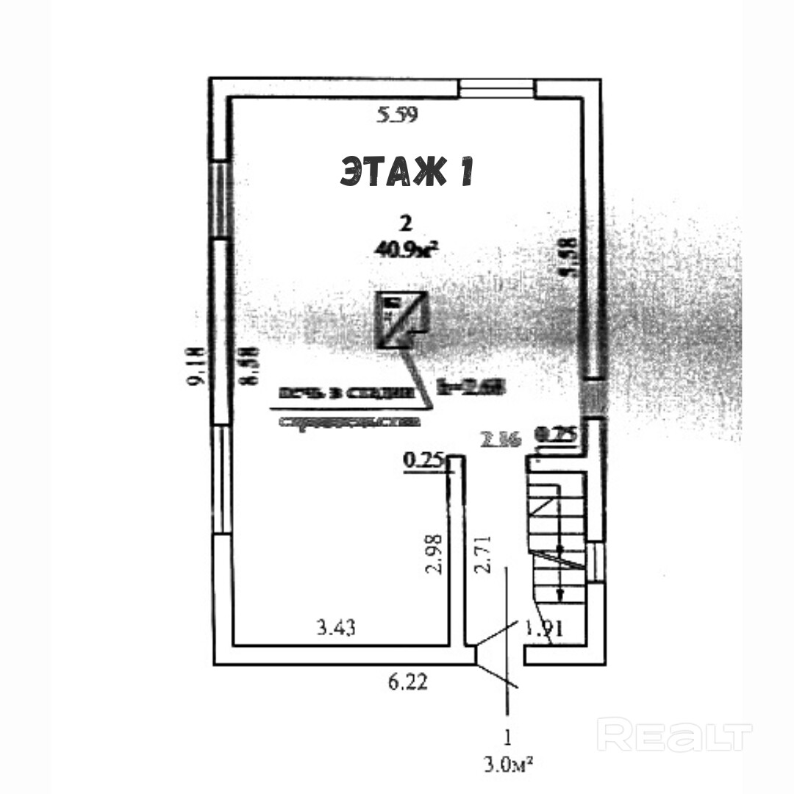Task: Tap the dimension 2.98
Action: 436,554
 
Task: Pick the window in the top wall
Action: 497,88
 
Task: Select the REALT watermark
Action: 674,735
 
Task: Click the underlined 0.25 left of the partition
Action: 424,462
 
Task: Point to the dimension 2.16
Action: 500,440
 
